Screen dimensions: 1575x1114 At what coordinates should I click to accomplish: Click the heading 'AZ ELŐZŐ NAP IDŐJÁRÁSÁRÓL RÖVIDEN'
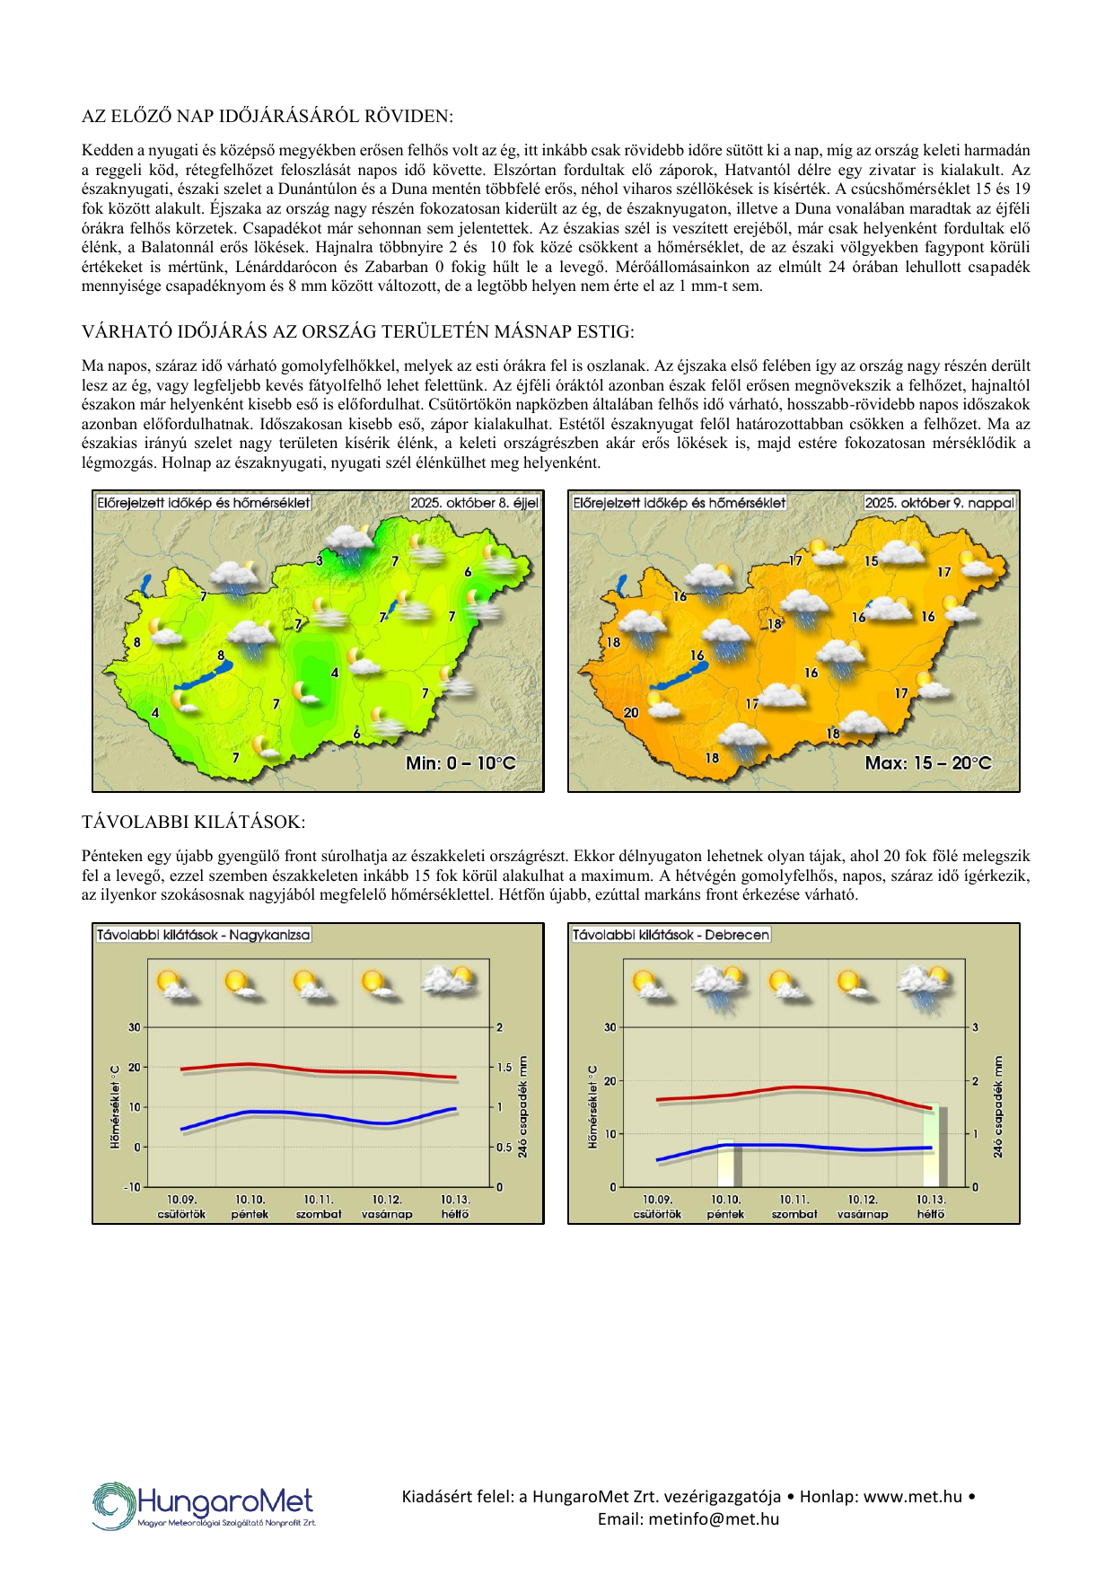(268, 116)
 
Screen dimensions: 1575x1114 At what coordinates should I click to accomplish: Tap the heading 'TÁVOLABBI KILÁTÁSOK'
(193, 822)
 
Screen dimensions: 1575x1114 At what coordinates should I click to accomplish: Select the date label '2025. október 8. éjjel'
(474, 503)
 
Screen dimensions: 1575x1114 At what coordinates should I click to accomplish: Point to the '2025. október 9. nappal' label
(939, 503)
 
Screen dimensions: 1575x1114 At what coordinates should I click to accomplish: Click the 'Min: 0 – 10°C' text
(461, 763)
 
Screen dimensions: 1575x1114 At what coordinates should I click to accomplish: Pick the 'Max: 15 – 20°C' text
(928, 763)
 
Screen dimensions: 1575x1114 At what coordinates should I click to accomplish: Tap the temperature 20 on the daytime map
(631, 713)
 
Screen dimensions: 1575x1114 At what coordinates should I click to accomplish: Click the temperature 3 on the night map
(320, 561)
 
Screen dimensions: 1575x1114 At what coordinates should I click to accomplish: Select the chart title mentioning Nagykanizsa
(204, 935)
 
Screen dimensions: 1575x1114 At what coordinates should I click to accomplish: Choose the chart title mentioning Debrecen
(671, 935)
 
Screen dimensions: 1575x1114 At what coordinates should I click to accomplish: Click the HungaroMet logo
(204, 1506)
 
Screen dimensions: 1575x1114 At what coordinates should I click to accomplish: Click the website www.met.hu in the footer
(913, 1497)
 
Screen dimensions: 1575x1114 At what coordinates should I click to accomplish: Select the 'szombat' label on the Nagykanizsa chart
(319, 1214)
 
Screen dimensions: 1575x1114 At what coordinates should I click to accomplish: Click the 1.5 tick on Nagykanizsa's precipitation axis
(504, 1068)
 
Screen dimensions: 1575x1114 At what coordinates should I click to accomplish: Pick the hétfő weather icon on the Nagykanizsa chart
(453, 981)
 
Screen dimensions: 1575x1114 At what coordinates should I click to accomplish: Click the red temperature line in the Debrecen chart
(794, 1087)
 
